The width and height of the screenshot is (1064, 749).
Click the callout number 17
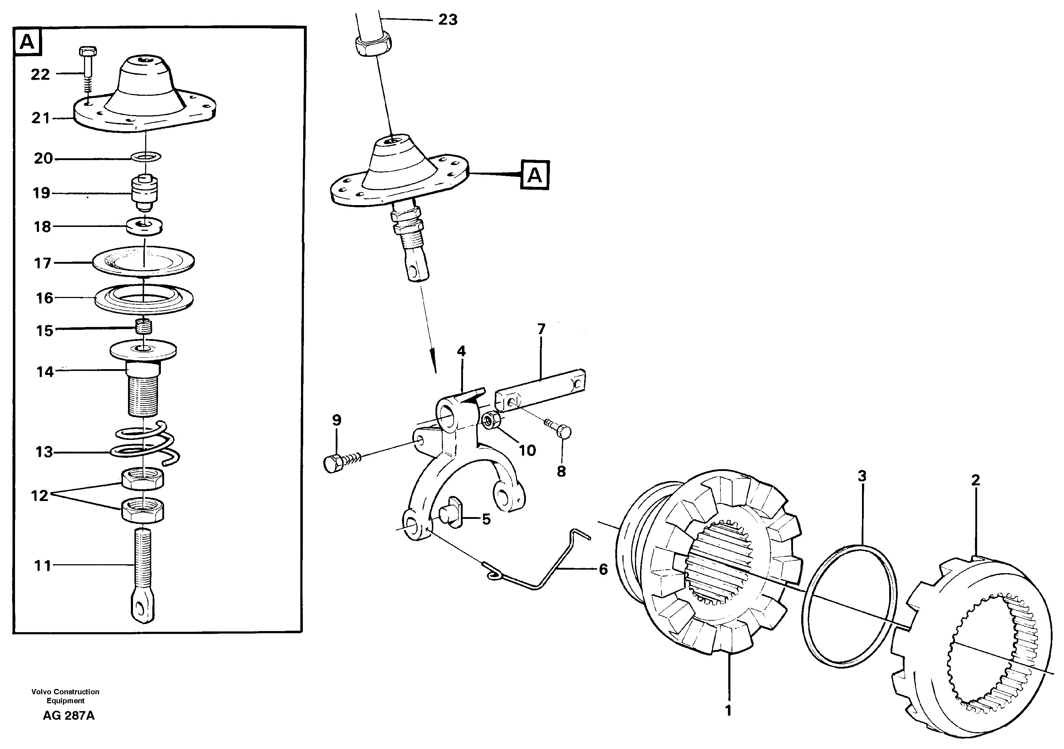click(43, 263)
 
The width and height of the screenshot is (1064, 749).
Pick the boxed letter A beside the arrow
click(535, 175)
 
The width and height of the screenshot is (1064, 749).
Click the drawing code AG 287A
click(69, 716)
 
